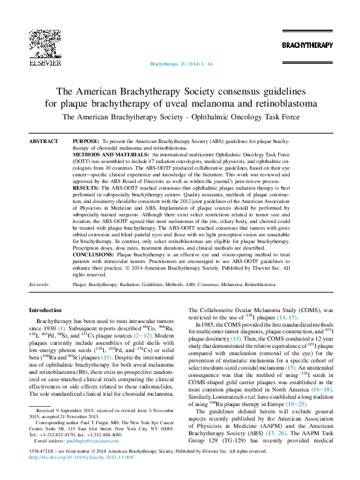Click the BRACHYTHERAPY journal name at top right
(x=307, y=45)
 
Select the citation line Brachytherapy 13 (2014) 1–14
(x=180, y=63)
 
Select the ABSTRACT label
(x=44, y=141)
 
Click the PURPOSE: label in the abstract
(x=85, y=141)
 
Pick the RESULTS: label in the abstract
(x=85, y=189)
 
